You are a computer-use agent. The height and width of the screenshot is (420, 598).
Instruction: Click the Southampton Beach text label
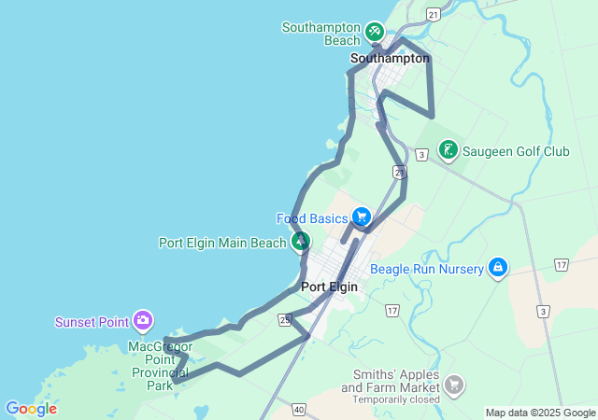321,34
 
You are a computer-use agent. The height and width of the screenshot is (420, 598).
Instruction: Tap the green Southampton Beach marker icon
375,32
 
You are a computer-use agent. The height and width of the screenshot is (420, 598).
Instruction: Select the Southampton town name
390,58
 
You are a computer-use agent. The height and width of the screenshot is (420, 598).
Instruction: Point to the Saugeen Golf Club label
517,150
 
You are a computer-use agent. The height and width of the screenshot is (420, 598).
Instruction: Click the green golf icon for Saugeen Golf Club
448,149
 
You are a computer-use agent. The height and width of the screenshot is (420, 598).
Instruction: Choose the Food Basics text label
312,218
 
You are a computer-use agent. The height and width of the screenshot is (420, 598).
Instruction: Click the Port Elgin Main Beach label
222,243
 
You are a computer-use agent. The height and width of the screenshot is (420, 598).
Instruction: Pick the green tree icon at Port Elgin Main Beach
300,243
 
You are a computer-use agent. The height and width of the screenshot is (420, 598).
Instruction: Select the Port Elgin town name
330,287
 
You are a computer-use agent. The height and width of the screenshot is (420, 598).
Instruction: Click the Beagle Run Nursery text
427,269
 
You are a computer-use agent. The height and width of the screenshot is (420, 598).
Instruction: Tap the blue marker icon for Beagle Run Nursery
498,268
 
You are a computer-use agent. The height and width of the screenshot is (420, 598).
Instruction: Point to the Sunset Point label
92,323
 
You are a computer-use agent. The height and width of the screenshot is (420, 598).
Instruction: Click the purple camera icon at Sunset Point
143,322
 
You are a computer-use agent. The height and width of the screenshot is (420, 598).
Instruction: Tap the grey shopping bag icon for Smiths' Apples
454,385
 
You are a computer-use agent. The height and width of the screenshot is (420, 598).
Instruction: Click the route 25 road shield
283,320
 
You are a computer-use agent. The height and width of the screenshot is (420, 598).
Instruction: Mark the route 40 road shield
299,409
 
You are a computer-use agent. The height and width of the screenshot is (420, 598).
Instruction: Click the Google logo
31,409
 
